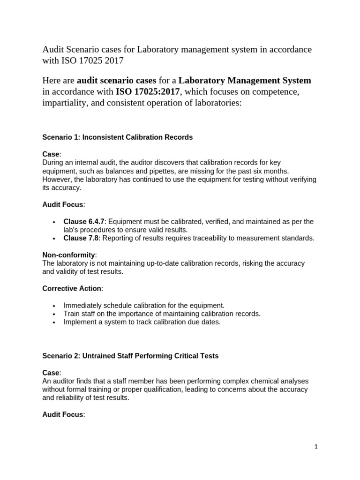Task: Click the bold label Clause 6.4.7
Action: coord(84,221)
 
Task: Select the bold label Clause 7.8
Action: coord(82,238)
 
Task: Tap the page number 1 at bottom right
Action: coord(316,447)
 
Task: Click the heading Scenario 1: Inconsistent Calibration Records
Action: coord(117,137)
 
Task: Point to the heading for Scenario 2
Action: coord(130,356)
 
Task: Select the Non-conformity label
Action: coord(69,255)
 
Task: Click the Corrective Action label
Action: coord(72,288)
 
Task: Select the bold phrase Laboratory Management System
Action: coord(245,80)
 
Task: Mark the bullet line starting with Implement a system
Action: coord(142,322)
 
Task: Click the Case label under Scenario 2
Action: coord(51,373)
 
